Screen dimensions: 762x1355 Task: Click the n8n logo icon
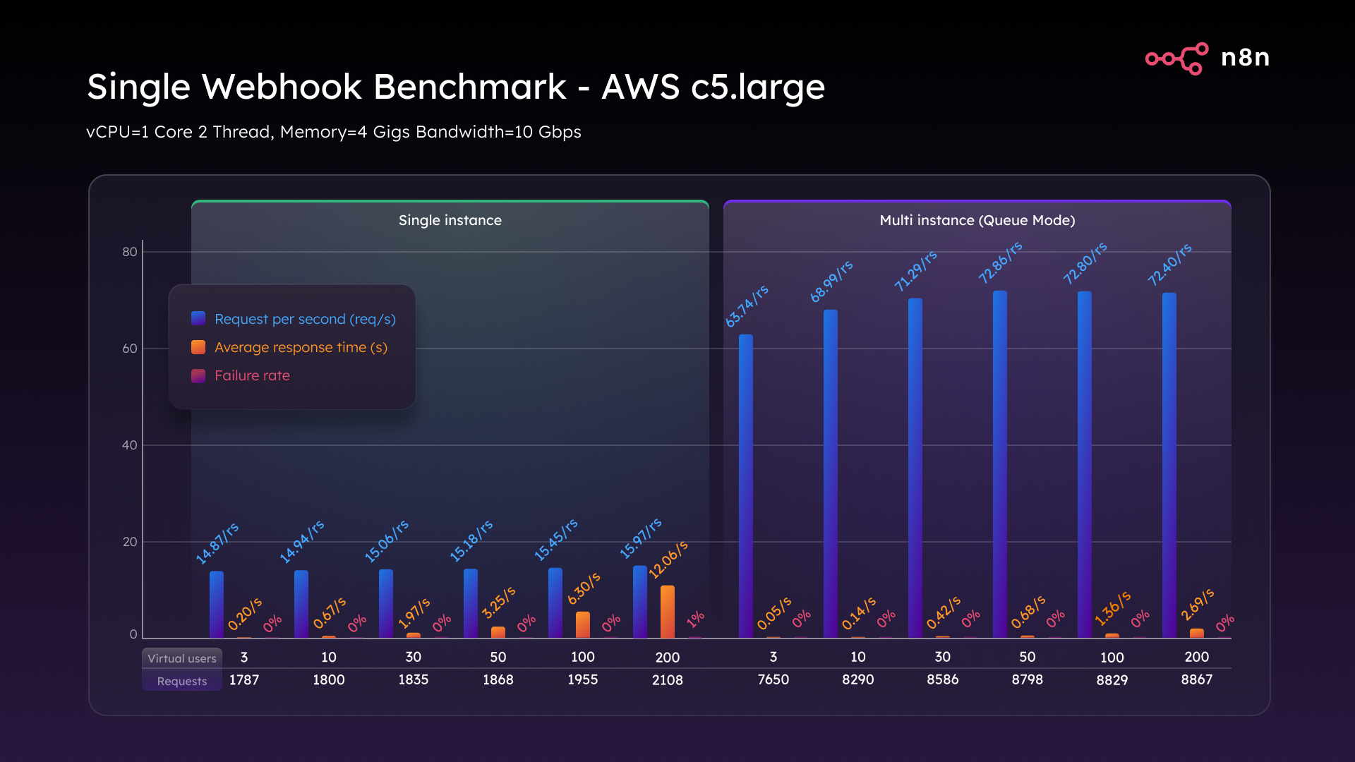tap(1176, 58)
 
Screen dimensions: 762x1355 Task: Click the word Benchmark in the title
tap(469, 87)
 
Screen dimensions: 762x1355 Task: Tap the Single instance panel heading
tap(450, 220)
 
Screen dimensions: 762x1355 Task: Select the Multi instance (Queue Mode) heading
tap(977, 220)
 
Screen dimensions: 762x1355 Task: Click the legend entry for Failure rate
tap(252, 376)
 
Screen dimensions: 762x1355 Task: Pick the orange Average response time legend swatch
tap(198, 347)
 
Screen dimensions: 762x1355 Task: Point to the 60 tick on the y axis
tap(130, 349)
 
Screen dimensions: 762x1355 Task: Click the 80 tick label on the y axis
tap(130, 252)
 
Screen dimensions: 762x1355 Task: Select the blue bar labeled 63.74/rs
tap(745, 487)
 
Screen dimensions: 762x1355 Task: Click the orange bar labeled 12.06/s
tap(667, 612)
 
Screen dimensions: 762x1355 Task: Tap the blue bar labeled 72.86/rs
tap(999, 466)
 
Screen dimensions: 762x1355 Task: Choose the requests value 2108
tap(667, 680)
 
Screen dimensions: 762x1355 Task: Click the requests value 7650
tap(773, 679)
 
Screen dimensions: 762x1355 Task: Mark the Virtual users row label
tap(182, 658)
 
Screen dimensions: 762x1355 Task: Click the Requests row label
tap(182, 681)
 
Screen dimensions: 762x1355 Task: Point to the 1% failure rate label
tap(695, 619)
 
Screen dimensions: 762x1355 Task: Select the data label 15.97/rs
tap(640, 538)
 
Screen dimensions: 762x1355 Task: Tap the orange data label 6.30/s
tap(584, 588)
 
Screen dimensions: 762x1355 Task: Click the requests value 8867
tap(1196, 679)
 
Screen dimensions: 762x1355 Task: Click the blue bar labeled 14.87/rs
tap(217, 605)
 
